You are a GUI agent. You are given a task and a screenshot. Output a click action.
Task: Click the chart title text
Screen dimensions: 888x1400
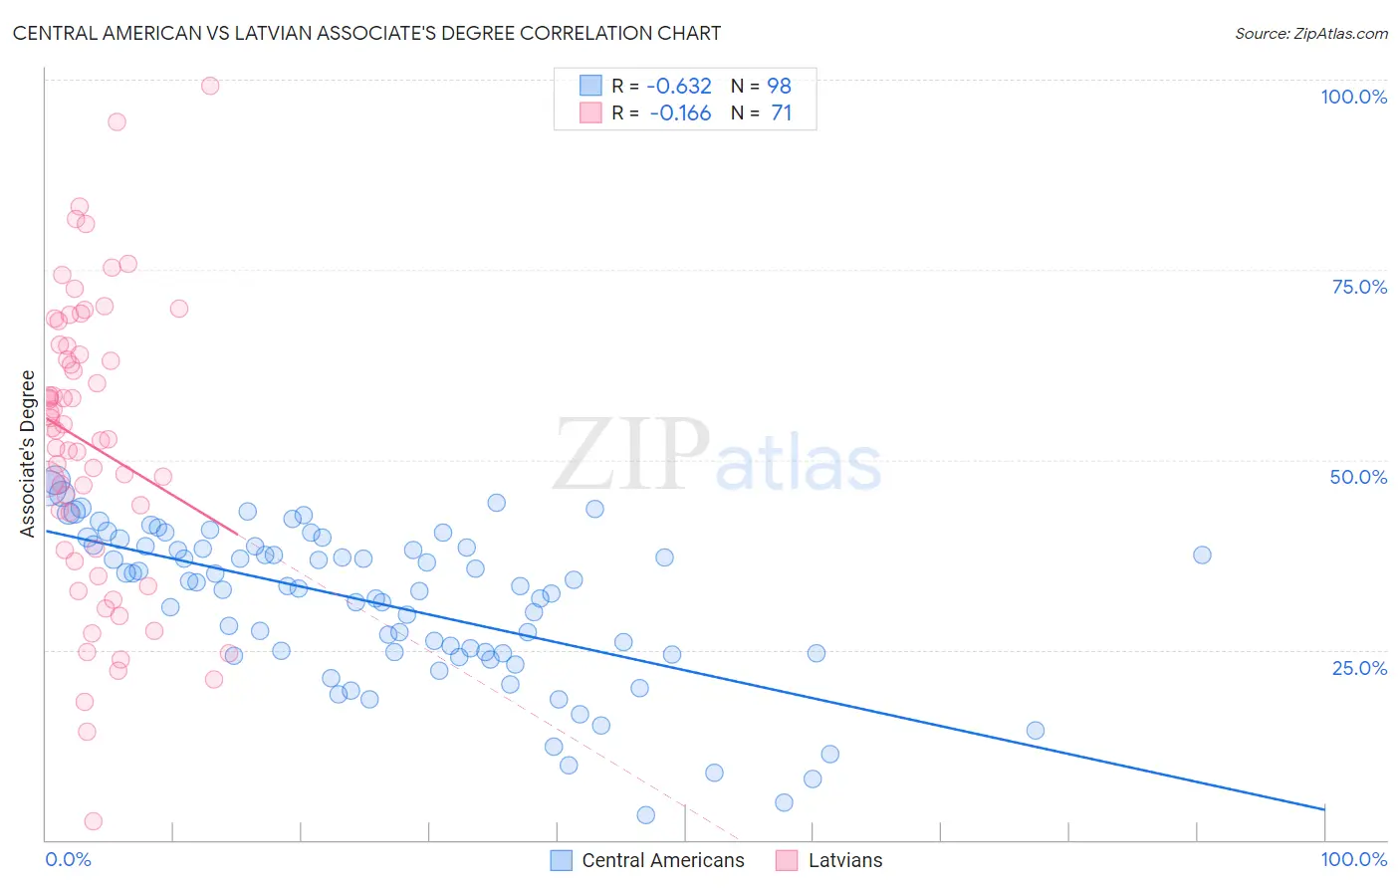point(366,33)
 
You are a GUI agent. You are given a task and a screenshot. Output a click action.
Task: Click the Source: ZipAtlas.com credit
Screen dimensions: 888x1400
point(1310,33)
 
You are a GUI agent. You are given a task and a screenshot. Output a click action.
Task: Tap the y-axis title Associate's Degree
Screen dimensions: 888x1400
point(27,453)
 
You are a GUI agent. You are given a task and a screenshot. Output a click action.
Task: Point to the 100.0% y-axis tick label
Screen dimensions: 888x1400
point(1353,97)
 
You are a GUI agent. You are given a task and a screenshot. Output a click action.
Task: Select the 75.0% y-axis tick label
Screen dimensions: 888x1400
point(1359,287)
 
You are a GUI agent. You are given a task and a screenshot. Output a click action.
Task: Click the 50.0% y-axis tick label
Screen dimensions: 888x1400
point(1358,477)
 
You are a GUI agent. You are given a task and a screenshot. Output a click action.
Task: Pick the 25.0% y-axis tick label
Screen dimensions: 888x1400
point(1359,667)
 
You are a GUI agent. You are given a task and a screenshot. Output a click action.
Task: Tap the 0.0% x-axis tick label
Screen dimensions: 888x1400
point(68,859)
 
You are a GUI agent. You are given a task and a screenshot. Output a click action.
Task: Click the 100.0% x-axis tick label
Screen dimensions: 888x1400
point(1353,859)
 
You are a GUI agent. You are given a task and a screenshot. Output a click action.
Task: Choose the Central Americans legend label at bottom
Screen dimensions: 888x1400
point(662,860)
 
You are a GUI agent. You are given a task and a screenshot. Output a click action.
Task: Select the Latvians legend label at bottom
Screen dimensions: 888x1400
point(844,860)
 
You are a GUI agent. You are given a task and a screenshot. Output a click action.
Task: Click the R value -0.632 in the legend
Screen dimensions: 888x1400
point(680,86)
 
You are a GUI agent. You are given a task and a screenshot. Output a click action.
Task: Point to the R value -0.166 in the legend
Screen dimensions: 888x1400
point(680,113)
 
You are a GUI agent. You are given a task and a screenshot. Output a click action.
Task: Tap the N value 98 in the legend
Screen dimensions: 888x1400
point(779,86)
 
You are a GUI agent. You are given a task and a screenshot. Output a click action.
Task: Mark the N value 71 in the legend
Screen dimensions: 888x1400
point(781,113)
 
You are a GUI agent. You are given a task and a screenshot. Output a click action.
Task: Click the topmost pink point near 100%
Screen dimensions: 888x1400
point(210,86)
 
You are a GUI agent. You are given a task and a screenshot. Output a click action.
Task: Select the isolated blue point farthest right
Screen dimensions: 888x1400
point(1202,555)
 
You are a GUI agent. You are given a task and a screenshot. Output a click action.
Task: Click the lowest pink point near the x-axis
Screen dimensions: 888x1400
point(94,821)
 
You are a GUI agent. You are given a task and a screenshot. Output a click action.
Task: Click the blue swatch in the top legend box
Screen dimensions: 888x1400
point(590,86)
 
